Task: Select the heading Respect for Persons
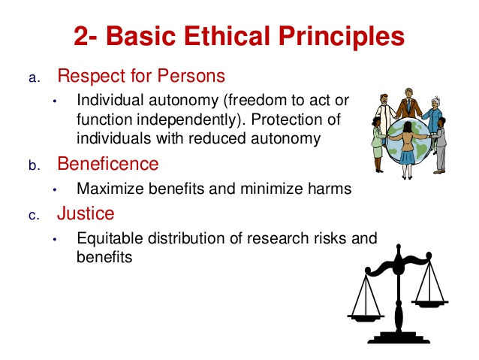coord(141,77)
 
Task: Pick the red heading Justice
coord(86,213)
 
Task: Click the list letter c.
coord(33,216)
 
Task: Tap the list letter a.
coord(33,79)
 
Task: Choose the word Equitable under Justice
coord(110,239)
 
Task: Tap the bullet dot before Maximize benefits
coord(55,189)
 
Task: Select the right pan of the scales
coord(431,303)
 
